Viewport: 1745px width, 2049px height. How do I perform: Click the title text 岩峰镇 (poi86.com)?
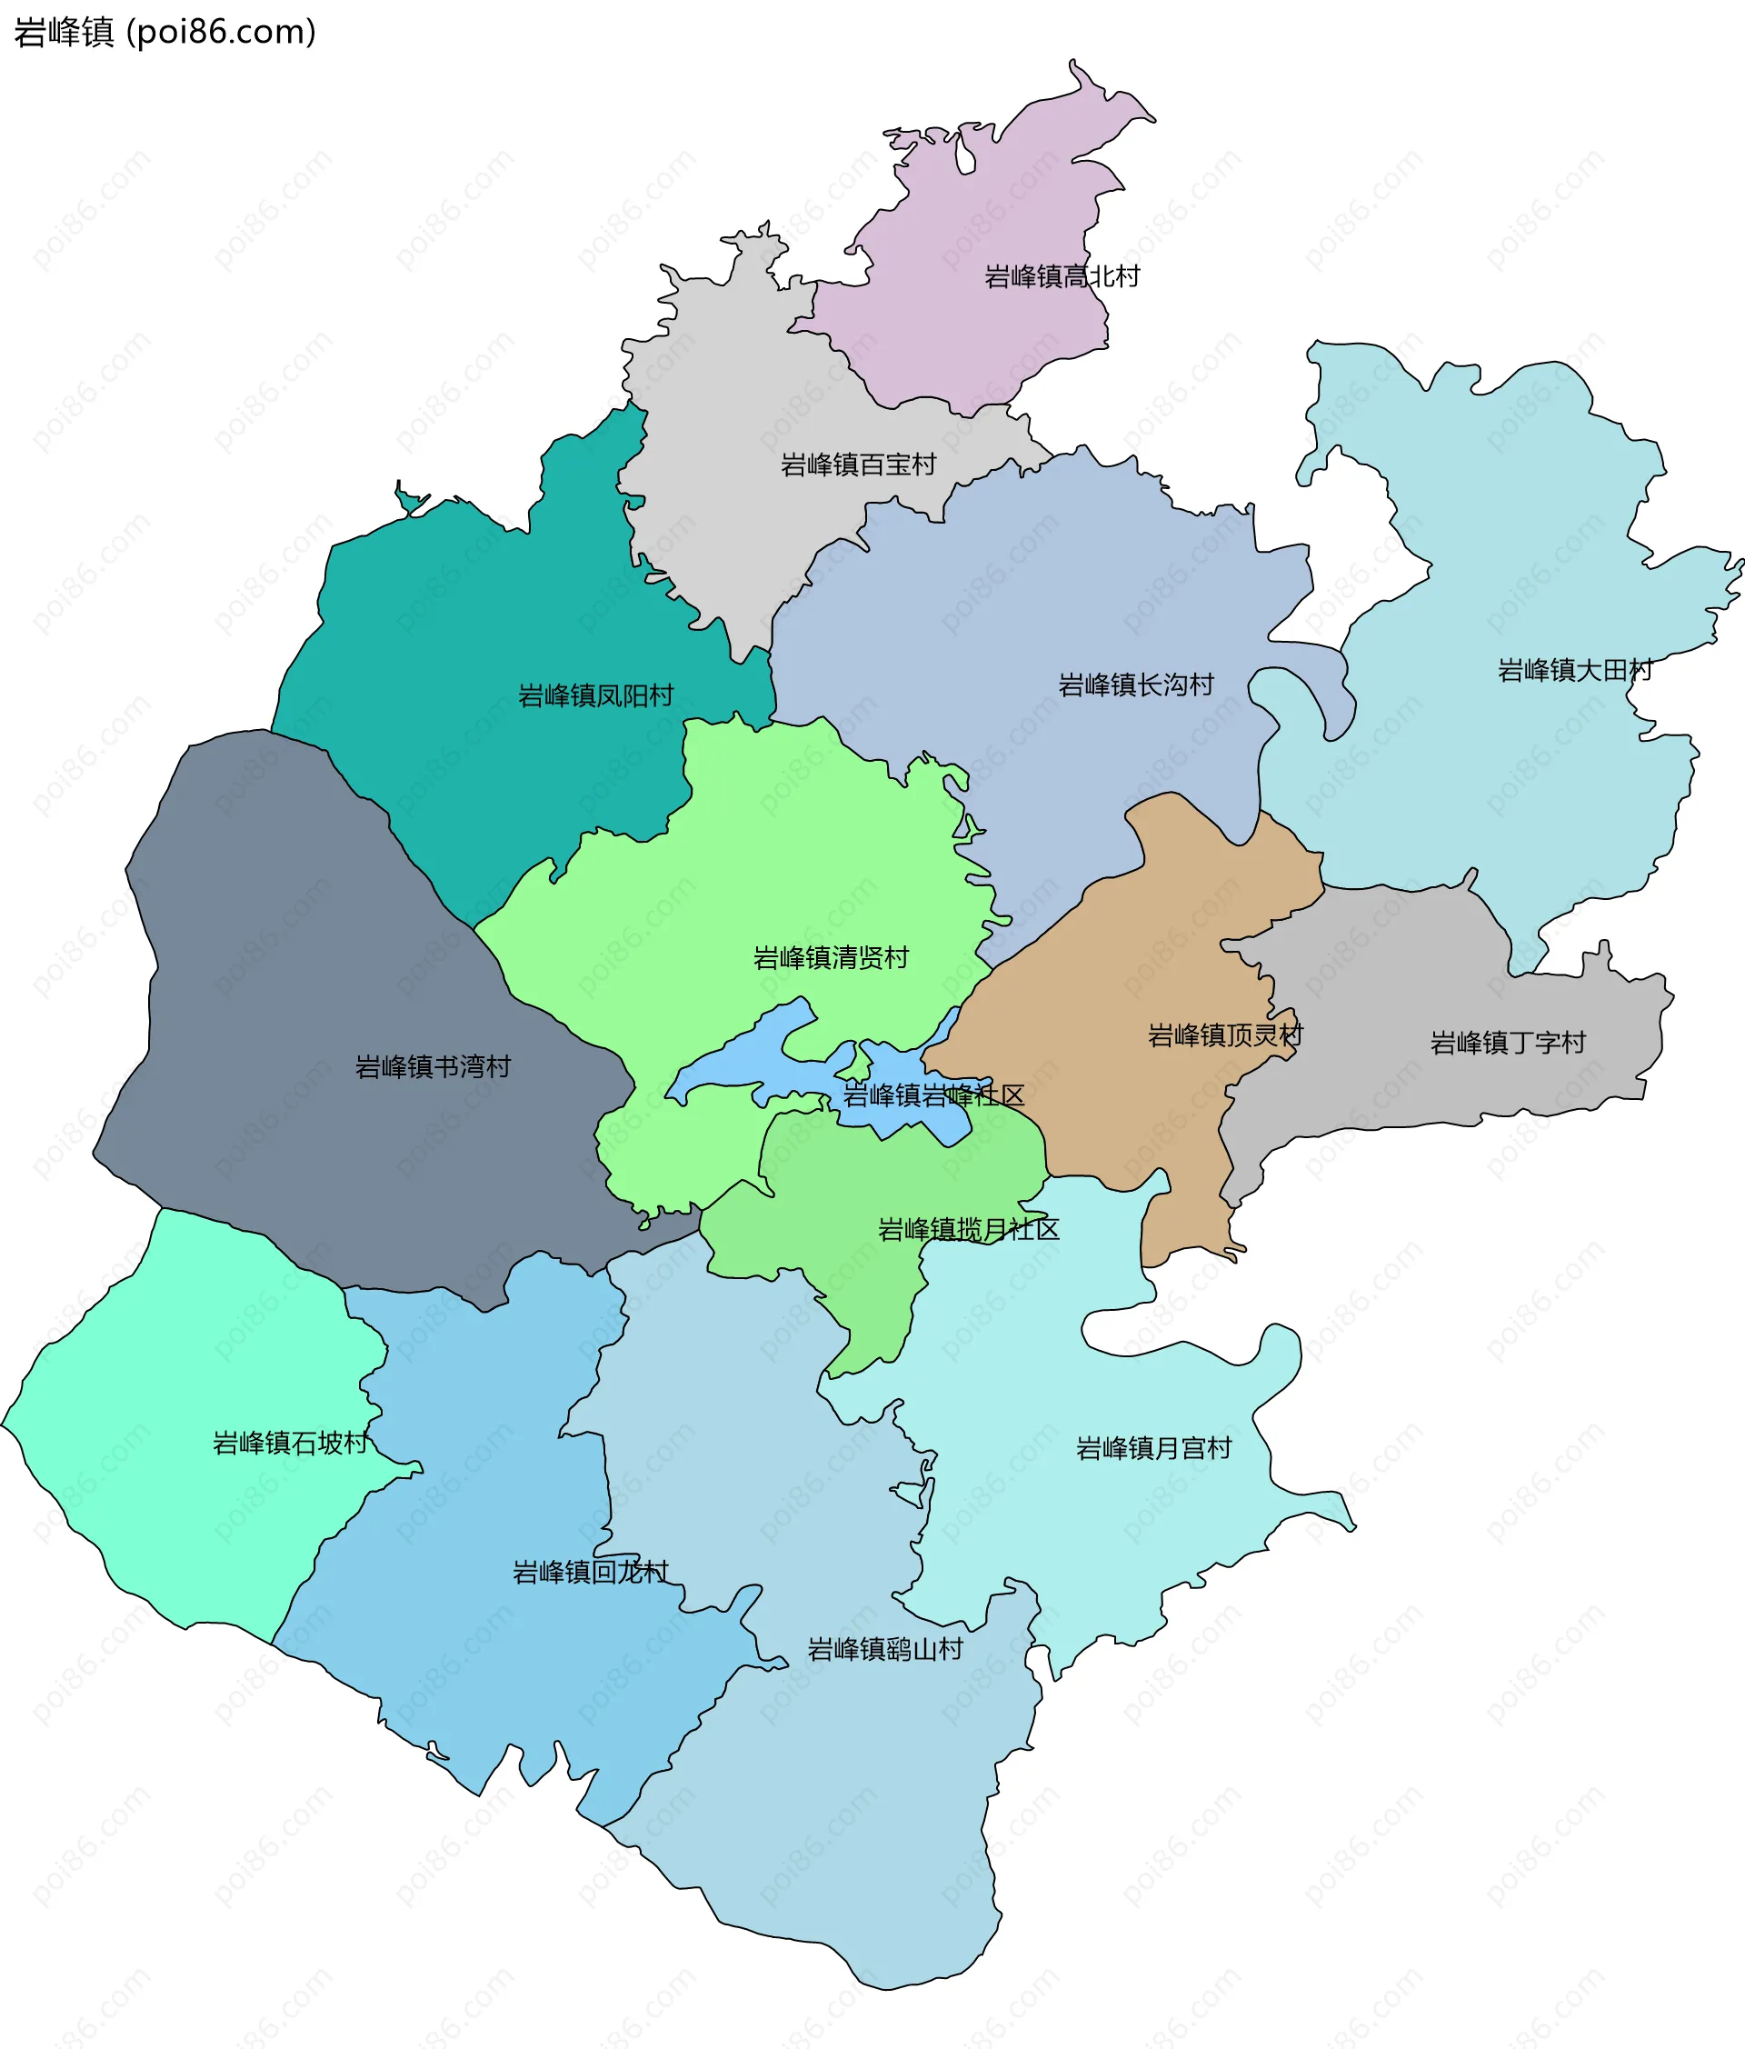(165, 33)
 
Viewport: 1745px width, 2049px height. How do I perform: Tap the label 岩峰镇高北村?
(1062, 277)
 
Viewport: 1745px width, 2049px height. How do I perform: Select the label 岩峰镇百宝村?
(858, 465)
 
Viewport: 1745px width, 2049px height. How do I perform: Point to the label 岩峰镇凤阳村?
(596, 696)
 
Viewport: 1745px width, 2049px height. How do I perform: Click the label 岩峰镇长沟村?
(1136, 685)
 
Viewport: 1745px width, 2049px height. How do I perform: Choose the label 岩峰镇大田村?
(1575, 671)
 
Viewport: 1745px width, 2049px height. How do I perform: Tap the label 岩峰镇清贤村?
(831, 957)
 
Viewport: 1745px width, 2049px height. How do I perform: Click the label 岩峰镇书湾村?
(433, 1067)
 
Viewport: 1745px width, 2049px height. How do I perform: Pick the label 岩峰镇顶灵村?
(1225, 1035)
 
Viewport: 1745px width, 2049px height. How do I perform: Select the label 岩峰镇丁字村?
(1508, 1043)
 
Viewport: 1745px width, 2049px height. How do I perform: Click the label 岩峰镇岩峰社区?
(933, 1095)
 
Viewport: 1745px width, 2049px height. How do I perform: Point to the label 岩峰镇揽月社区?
(969, 1229)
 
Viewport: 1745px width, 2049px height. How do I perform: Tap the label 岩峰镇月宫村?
(1153, 1449)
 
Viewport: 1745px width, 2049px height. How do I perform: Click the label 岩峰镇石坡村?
(291, 1443)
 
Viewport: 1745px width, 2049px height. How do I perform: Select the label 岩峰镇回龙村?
(590, 1573)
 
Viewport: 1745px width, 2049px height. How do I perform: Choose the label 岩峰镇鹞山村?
(885, 1650)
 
